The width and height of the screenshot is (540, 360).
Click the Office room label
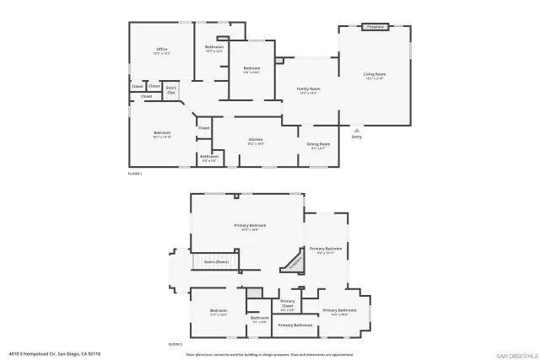tap(162, 51)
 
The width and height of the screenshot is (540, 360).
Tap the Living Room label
tap(374, 76)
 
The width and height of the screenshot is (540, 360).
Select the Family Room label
tap(308, 90)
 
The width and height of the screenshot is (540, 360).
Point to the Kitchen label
tap(256, 141)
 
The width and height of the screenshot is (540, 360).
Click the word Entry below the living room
tap(357, 137)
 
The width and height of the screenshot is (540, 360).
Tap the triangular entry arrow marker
tap(357, 130)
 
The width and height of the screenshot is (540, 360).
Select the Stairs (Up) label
tap(171, 89)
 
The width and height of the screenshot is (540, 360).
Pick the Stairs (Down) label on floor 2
tap(216, 262)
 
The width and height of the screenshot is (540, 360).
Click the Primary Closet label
tap(288, 304)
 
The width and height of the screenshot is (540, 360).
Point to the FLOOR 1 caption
tap(135, 173)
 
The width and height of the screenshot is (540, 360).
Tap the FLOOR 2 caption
tap(175, 345)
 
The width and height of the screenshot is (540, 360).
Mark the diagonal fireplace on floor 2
tap(293, 261)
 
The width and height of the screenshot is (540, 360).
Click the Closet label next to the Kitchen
tap(204, 128)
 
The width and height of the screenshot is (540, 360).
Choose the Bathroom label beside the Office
tap(214, 48)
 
